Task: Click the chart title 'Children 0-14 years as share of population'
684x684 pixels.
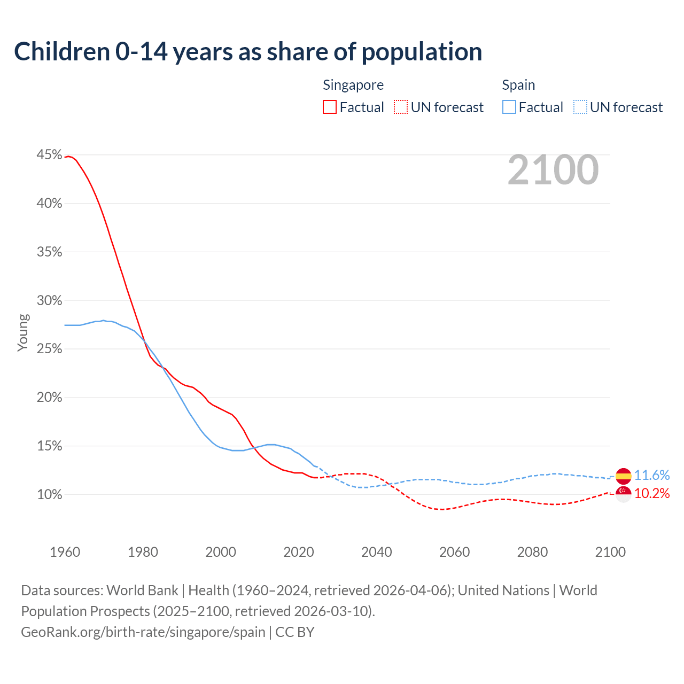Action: coord(248,52)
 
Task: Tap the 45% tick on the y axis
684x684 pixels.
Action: coord(49,155)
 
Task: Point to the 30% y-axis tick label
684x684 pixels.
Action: coord(49,300)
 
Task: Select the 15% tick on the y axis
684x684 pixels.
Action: coord(49,446)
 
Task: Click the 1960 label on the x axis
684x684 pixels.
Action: coord(65,552)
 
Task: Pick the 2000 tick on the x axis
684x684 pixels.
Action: coord(221,552)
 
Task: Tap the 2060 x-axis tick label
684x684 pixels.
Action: coord(454,552)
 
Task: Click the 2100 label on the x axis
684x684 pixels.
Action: coord(610,552)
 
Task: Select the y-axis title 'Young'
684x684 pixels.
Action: coord(22,332)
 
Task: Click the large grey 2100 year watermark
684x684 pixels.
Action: coord(553,170)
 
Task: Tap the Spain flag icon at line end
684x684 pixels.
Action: coord(623,475)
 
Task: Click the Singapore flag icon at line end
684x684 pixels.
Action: coord(623,494)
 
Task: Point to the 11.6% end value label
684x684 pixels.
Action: coord(652,475)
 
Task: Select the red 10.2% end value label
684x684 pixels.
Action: coord(652,494)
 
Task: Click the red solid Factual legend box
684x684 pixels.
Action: coord(330,107)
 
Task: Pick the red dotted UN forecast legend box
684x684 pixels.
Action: coord(401,107)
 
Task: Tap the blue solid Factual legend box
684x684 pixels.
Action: coord(509,107)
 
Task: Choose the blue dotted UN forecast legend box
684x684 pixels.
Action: coord(580,107)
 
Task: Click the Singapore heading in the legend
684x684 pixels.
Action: coord(353,85)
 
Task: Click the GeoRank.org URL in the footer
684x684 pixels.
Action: coord(143,632)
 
